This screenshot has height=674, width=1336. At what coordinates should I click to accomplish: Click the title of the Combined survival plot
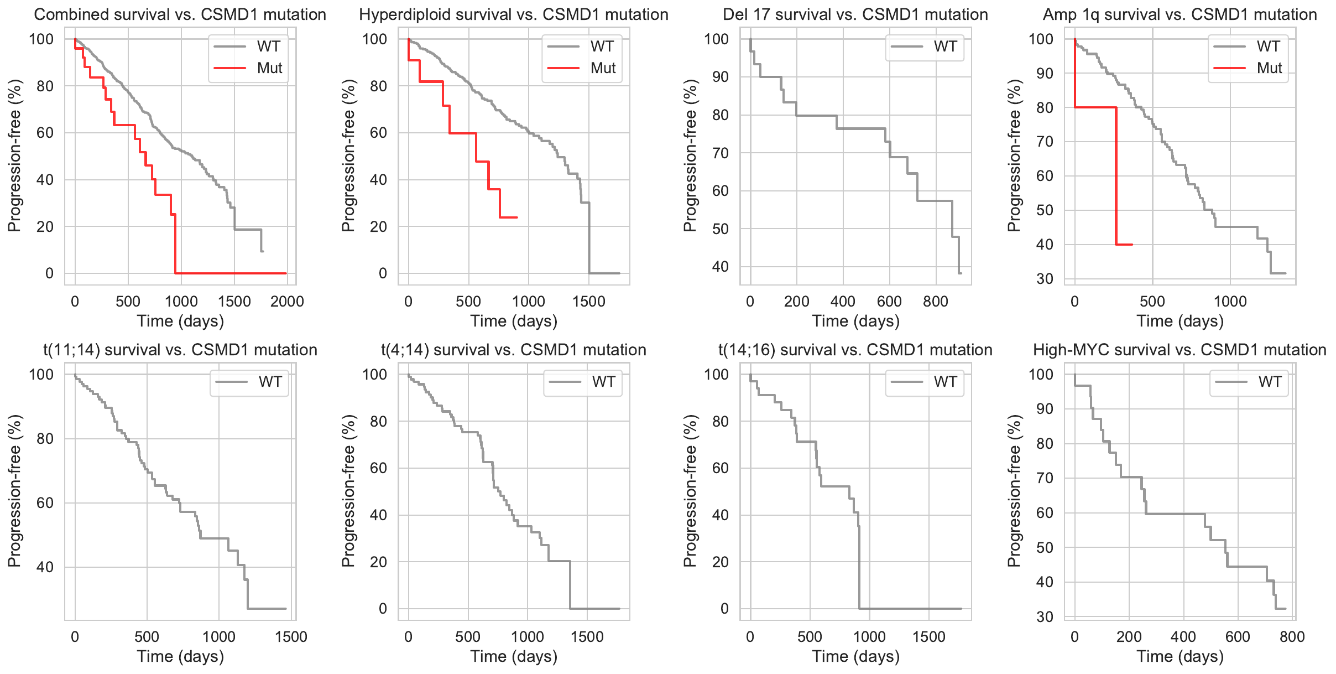[180, 14]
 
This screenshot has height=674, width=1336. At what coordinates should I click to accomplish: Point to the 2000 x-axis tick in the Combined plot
[287, 302]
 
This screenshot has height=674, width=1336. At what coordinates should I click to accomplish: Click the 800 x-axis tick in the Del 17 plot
[936, 302]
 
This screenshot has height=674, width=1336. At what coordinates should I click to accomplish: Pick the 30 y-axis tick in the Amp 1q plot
[1045, 279]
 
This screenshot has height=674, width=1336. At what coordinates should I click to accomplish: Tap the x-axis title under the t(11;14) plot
[180, 656]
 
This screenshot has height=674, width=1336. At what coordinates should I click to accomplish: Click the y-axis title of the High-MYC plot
[1014, 490]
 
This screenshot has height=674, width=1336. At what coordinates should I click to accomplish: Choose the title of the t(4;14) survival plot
[513, 350]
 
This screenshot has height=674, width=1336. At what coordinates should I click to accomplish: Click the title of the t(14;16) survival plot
[855, 350]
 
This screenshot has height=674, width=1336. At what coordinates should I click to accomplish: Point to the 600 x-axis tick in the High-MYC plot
[1238, 637]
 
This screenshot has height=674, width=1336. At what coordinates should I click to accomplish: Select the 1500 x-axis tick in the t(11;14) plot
[291, 637]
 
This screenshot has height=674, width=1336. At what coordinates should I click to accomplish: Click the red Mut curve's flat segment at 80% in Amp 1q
[1095, 107]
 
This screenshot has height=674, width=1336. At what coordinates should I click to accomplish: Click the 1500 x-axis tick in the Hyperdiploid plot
[588, 302]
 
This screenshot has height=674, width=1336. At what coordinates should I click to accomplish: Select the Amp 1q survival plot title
[1180, 14]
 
